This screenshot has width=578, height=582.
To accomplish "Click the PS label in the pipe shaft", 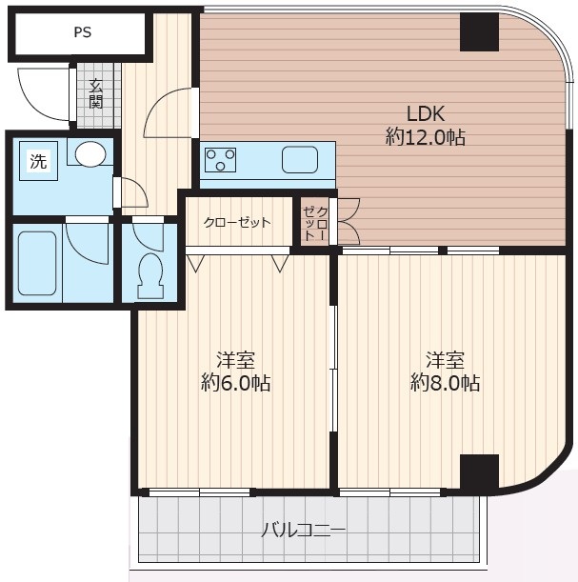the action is (x=82, y=32).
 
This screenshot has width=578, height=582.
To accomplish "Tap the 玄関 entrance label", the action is (x=96, y=94).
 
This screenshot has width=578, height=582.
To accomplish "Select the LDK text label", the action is (x=426, y=113).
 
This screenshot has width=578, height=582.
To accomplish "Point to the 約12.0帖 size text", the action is (x=426, y=137).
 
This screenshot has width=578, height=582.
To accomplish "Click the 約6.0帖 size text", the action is (x=236, y=383).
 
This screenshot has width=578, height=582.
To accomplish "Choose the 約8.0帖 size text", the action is (x=446, y=383).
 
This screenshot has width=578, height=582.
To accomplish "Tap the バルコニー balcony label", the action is (x=303, y=530).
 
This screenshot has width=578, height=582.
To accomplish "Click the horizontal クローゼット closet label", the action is (x=237, y=222).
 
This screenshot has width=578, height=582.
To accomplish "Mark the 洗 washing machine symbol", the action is (x=39, y=161).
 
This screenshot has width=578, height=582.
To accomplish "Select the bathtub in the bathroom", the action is (x=37, y=263).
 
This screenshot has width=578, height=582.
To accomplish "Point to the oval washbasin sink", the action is (x=90, y=153).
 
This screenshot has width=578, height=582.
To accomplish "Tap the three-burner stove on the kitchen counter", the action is (x=220, y=160).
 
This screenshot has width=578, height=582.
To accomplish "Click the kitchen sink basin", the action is (x=300, y=160).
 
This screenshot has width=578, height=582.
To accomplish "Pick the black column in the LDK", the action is (x=479, y=32).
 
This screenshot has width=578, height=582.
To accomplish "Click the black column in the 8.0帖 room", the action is (x=479, y=472).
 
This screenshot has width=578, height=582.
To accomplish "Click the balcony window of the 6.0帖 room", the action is (x=200, y=492).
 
